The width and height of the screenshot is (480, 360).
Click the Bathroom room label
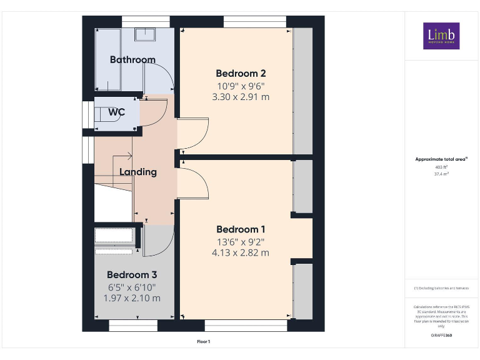(132, 60)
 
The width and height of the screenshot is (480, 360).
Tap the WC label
(116, 112)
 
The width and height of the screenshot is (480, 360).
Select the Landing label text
(138, 172)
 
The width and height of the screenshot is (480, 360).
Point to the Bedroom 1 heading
(241, 229)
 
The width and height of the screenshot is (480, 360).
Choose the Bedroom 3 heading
(132, 275)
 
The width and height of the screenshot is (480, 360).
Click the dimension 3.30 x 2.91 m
(241, 97)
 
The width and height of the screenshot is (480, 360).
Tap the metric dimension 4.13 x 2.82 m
(241, 253)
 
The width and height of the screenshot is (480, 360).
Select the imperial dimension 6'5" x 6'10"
(132, 287)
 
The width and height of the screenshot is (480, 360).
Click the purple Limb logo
(441, 36)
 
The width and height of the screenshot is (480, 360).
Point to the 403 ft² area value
(441, 167)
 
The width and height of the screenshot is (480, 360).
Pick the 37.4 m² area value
(441, 174)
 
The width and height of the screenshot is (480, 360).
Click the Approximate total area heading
(441, 159)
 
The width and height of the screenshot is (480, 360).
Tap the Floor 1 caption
(204, 342)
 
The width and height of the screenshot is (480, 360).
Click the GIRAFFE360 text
(441, 336)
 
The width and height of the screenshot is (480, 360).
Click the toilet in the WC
(102, 114)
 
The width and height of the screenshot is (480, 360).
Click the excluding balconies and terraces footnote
(441, 288)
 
